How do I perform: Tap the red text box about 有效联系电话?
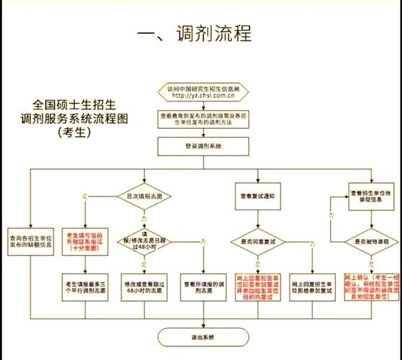[87, 239]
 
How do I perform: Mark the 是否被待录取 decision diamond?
[370, 241]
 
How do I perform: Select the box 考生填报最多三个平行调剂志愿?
[87, 286]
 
